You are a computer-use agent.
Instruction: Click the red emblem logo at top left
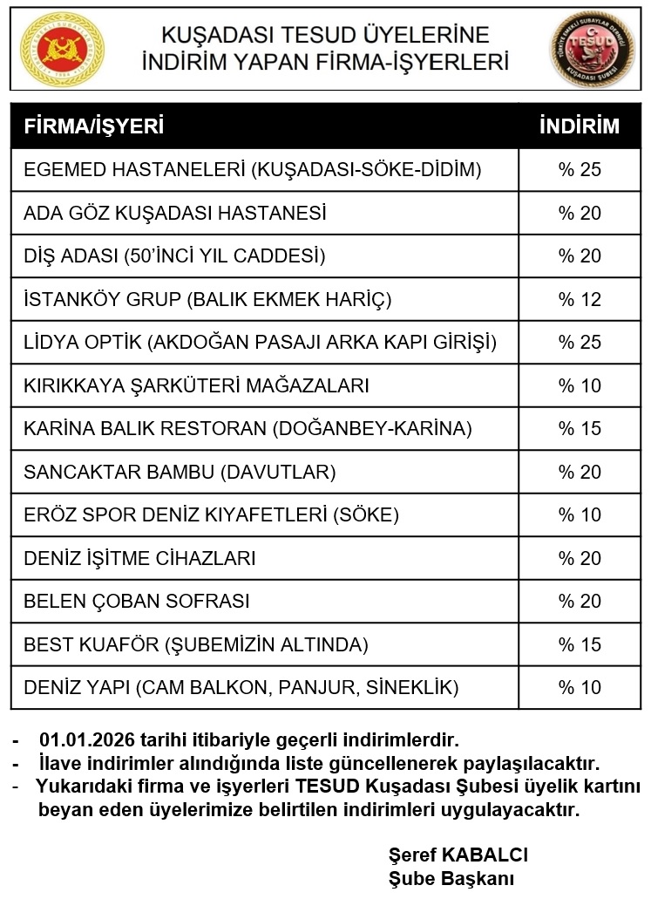point(61,49)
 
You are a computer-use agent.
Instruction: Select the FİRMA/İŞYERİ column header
point(94,126)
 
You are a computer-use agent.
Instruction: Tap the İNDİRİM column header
point(580,126)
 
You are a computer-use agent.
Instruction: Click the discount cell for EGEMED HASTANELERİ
point(580,169)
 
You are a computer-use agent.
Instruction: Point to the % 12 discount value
point(580,299)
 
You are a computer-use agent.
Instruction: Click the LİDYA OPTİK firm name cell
point(260,342)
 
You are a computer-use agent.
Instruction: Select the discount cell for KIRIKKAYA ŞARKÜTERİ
point(580,385)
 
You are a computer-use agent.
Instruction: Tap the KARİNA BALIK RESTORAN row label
point(248,428)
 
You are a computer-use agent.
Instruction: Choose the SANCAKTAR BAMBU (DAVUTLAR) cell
point(180,472)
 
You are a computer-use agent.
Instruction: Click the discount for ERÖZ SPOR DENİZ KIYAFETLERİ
point(580,514)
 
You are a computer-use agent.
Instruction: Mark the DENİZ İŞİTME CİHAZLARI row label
point(139,558)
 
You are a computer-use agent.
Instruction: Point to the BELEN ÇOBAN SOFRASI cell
point(137,601)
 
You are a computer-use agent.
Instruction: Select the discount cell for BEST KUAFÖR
point(580,644)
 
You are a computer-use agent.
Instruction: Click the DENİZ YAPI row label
point(241,687)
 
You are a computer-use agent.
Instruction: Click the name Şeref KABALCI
point(458,855)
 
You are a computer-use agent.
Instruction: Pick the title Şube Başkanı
point(451,877)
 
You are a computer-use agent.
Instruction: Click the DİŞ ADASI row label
point(174,255)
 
